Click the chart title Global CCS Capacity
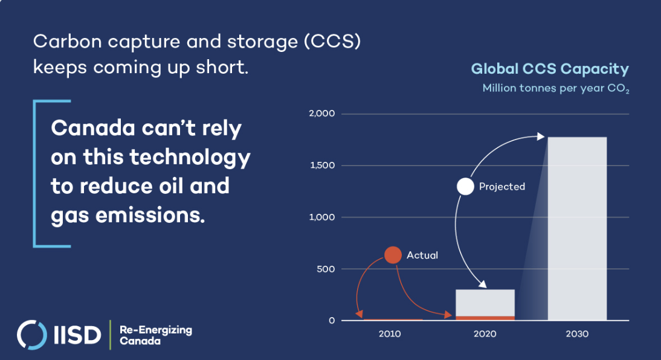tap(550, 69)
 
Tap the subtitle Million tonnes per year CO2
tap(556, 89)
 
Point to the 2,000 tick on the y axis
tap(321, 114)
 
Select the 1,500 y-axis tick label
tap(322, 166)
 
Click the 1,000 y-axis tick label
tap(321, 217)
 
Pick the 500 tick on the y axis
tap(326, 269)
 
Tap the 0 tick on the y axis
tap(332, 320)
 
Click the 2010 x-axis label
tap(390, 334)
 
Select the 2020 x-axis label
tap(485, 334)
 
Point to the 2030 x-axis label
tap(576, 334)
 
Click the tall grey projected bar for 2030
tap(577, 228)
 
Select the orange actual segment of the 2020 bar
tap(485, 318)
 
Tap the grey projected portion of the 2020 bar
tap(485, 303)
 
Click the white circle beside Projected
tap(465, 186)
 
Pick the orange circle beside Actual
tap(393, 255)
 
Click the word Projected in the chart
tap(502, 187)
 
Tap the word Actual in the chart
tap(422, 255)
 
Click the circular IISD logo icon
tap(31, 335)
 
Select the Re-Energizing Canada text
tap(155, 335)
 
